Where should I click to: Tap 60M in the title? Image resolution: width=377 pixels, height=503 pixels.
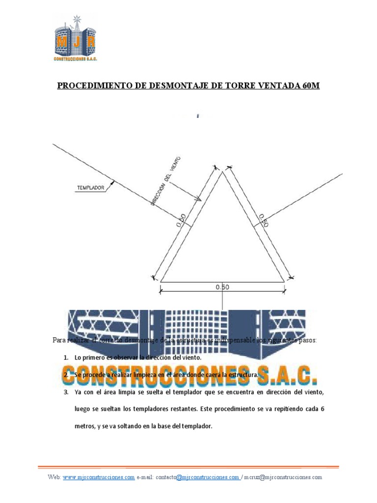[x=309, y=86]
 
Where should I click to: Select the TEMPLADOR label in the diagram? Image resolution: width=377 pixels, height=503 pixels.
[x=91, y=187]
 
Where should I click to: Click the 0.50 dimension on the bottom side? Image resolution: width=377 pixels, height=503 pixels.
[x=222, y=287]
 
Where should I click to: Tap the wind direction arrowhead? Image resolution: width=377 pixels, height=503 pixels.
[x=198, y=199]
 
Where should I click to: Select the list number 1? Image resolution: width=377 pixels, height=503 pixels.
[x=65, y=358]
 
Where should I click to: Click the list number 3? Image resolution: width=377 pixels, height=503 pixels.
[x=65, y=392]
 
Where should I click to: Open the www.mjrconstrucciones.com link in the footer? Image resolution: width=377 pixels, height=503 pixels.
[x=99, y=477]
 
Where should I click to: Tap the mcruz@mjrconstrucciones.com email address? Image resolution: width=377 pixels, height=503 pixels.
[x=284, y=477]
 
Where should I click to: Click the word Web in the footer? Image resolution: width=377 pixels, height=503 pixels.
[x=54, y=477]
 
